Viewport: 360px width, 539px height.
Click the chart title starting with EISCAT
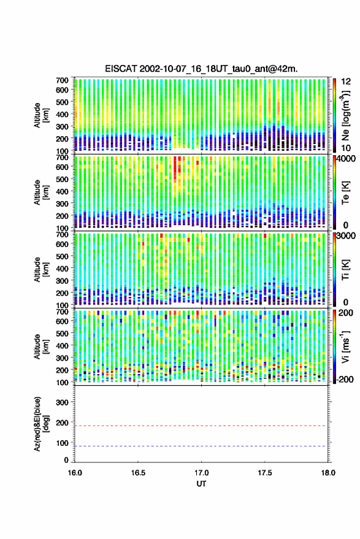[x=201, y=69]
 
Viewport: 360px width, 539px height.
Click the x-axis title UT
[x=201, y=484]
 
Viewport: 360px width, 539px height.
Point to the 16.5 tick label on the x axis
[x=138, y=473]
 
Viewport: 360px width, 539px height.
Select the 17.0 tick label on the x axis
[x=201, y=473]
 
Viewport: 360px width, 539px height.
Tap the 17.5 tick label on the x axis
[x=264, y=473]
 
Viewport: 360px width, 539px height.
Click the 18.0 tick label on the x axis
[x=327, y=473]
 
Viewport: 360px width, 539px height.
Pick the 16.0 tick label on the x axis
[x=75, y=473]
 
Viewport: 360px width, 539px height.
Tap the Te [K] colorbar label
[x=345, y=192]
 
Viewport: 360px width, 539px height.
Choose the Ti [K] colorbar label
[x=345, y=270]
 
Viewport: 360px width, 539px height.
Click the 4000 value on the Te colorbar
[x=344, y=160]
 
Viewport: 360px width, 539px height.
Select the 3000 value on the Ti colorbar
[x=344, y=236]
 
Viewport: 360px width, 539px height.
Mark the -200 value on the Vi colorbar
[x=344, y=379]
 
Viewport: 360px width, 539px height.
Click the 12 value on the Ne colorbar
[x=347, y=82]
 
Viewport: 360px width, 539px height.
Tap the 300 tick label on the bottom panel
[x=62, y=402]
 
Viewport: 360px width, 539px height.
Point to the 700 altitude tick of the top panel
[x=62, y=80]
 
